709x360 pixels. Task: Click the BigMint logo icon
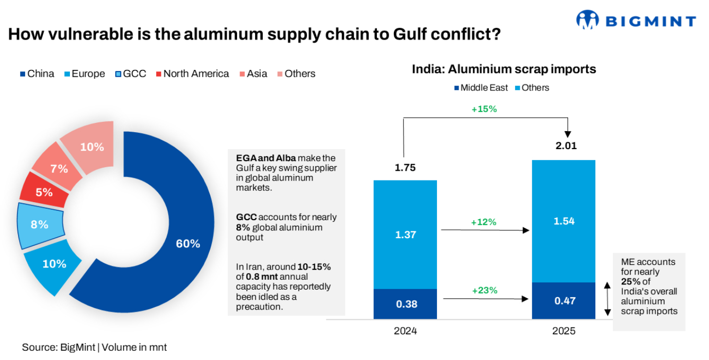click(x=588, y=20)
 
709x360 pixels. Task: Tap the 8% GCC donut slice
click(x=40, y=225)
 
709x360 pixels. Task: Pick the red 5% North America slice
click(x=44, y=192)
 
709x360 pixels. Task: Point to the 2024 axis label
click(x=405, y=331)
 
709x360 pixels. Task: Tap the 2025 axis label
click(x=563, y=331)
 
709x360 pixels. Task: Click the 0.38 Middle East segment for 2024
click(x=405, y=304)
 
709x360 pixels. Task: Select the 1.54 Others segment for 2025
click(x=563, y=221)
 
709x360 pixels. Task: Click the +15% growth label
click(x=484, y=109)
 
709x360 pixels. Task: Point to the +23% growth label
click(x=484, y=290)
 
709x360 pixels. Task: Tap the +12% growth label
click(x=483, y=222)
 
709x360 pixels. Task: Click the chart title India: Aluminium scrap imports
click(x=504, y=69)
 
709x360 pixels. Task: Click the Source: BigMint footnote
click(x=94, y=348)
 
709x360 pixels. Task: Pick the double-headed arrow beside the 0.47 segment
click(x=607, y=299)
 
